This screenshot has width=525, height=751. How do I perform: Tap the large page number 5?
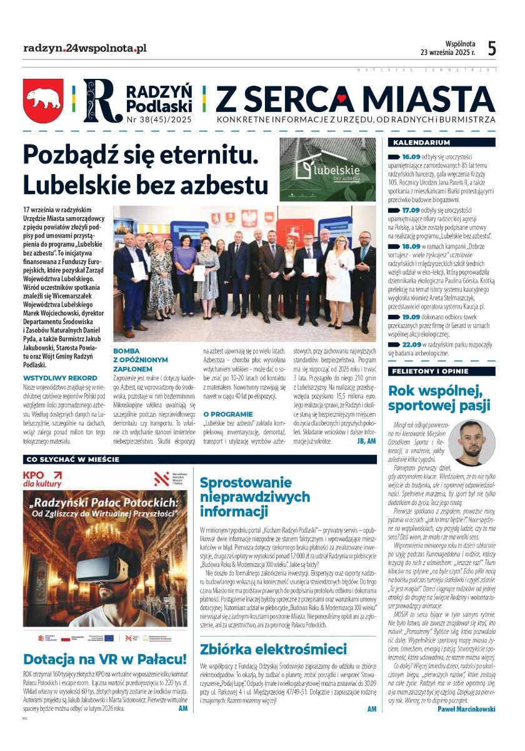tap(492, 49)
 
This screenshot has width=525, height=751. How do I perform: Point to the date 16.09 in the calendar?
tap(410, 156)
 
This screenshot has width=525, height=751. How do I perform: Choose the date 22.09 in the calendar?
tap(411, 344)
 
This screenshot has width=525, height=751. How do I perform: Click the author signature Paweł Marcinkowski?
tap(466, 709)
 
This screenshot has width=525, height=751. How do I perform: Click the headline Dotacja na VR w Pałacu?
tap(105, 659)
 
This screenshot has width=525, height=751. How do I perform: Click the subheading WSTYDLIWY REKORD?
tap(60, 378)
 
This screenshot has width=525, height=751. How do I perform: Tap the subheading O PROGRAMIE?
tap(228, 414)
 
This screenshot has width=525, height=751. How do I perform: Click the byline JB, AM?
tap(366, 441)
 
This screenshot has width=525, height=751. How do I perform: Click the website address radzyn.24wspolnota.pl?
tap(84, 48)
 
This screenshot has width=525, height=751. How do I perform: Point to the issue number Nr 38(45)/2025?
tap(159, 118)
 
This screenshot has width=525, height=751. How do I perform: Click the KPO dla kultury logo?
tap(43, 479)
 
